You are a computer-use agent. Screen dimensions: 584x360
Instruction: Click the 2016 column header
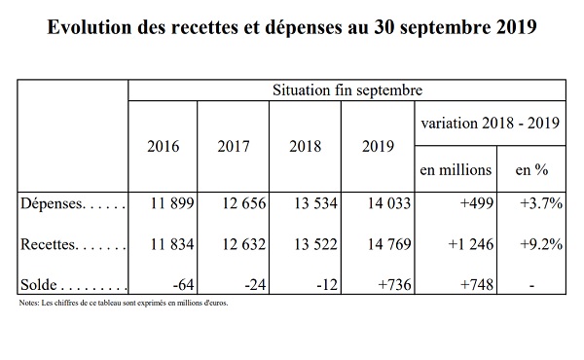click(164, 146)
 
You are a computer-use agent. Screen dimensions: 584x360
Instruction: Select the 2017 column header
click(234, 146)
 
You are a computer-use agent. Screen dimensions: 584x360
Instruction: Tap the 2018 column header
click(305, 146)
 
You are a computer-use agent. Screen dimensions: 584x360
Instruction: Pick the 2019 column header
click(378, 146)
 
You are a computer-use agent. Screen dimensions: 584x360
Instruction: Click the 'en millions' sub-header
click(456, 170)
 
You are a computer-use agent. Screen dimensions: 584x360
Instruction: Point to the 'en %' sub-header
click(531, 170)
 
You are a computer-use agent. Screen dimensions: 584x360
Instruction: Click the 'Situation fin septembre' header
click(347, 90)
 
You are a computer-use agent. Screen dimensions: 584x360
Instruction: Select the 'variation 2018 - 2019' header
click(491, 123)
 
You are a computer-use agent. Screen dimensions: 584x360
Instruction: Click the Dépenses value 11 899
click(172, 203)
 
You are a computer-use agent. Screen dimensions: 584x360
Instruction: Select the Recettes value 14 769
click(389, 244)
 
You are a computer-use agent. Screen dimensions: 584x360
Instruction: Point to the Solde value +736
click(395, 285)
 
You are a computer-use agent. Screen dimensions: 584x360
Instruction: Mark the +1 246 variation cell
click(471, 244)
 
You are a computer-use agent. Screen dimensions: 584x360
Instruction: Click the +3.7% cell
click(541, 203)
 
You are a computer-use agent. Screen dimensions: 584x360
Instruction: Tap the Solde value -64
click(183, 285)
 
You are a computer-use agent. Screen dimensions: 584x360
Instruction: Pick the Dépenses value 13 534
click(315, 203)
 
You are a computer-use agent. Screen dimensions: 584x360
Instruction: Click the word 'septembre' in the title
click(446, 28)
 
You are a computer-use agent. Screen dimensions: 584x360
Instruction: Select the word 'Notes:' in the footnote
click(29, 303)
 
